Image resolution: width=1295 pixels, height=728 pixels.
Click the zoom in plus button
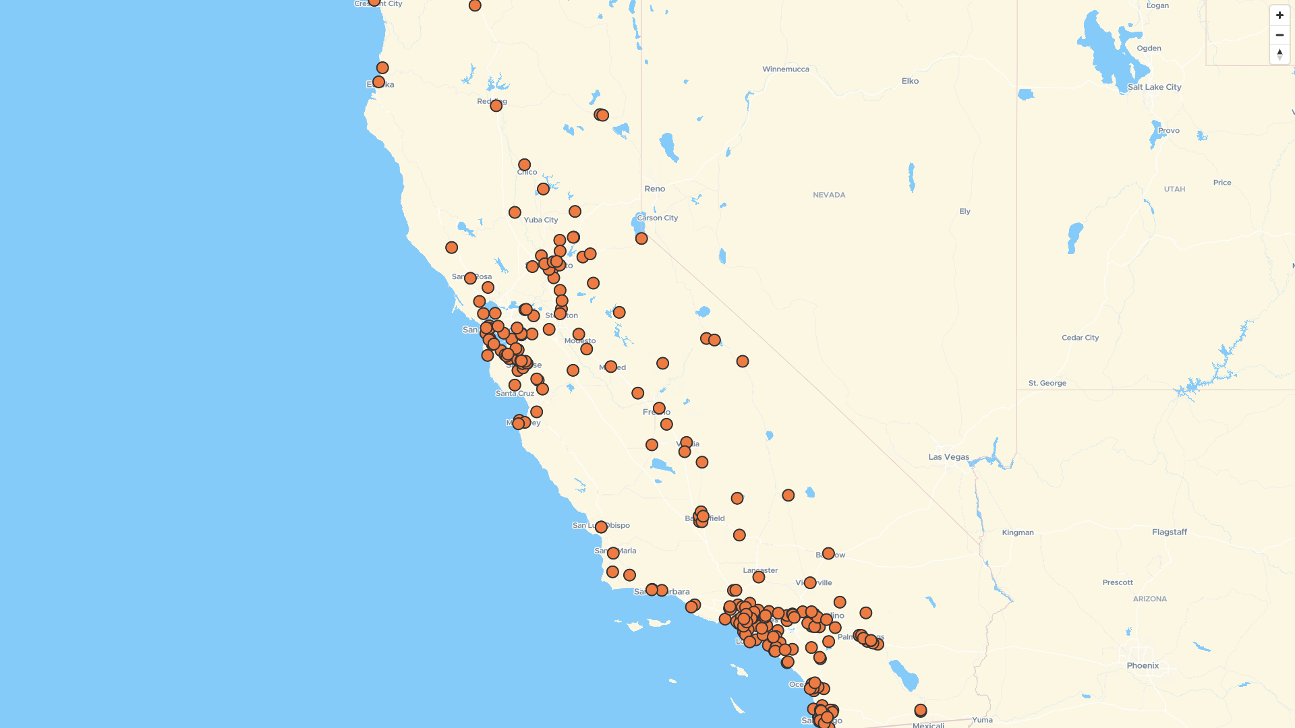pyautogui.click(x=1279, y=16)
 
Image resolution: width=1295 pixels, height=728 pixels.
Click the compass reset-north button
pyautogui.click(x=1279, y=55)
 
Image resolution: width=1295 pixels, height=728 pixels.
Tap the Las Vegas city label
pyautogui.click(x=948, y=457)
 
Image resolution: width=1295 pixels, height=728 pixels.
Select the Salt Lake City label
pyautogui.click(x=1154, y=87)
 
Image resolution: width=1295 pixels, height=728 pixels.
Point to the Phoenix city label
pyautogui.click(x=1143, y=666)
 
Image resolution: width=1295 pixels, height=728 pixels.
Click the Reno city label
pyautogui.click(x=654, y=189)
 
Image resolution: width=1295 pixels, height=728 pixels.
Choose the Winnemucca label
pyautogui.click(x=785, y=69)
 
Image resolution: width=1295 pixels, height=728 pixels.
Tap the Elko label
pyautogui.click(x=910, y=81)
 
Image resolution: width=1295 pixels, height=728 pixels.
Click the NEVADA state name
pyautogui.click(x=829, y=195)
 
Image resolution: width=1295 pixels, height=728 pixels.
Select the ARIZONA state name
pyautogui.click(x=1149, y=599)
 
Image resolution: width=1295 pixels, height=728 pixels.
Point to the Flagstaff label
pyautogui.click(x=1169, y=533)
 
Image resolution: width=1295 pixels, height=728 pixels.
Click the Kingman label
pyautogui.click(x=1017, y=533)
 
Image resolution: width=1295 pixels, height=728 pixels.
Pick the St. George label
pyautogui.click(x=1047, y=384)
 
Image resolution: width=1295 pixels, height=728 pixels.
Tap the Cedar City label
pyautogui.click(x=1080, y=338)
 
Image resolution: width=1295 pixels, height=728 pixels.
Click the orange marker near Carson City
pyautogui.click(x=641, y=239)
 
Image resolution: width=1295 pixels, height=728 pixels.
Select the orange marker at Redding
pyautogui.click(x=496, y=106)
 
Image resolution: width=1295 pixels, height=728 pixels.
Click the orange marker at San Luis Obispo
pyautogui.click(x=601, y=527)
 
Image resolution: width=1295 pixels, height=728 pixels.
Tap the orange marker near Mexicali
pyautogui.click(x=920, y=710)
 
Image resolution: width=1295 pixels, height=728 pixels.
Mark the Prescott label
pyautogui.click(x=1117, y=582)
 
